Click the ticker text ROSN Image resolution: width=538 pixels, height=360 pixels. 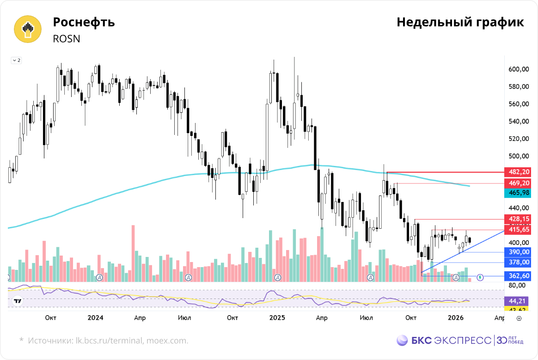[67, 39]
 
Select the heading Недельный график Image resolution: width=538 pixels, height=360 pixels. [460, 23]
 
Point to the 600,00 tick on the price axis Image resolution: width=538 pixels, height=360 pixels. [519, 69]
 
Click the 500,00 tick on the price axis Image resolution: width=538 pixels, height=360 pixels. [519, 156]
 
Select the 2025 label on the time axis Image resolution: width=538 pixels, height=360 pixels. [277, 318]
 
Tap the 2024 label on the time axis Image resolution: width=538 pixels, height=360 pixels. [96, 318]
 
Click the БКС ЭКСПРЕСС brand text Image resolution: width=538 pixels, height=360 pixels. [451, 341]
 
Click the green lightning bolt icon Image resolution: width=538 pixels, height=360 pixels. [480, 277]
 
